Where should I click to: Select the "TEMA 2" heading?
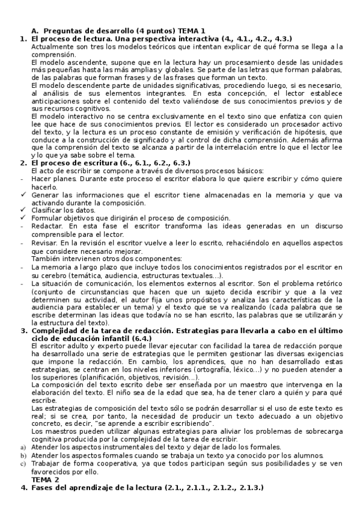pyautogui.click(x=46, y=480)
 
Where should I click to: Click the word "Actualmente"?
pyautogui.click(x=52, y=46)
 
